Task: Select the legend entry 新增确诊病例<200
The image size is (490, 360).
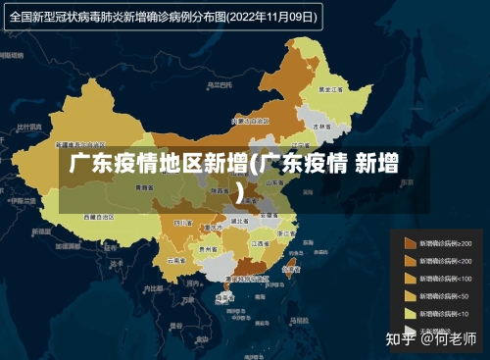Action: point(446,261)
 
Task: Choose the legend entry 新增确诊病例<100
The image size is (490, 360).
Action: point(446,279)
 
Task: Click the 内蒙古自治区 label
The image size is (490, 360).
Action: point(242,121)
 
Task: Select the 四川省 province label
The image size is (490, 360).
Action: point(181,224)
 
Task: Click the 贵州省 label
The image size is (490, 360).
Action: point(208,249)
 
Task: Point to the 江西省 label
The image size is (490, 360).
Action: point(260,242)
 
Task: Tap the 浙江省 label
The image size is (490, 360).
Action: point(286,233)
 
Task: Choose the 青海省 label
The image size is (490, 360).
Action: point(144,186)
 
